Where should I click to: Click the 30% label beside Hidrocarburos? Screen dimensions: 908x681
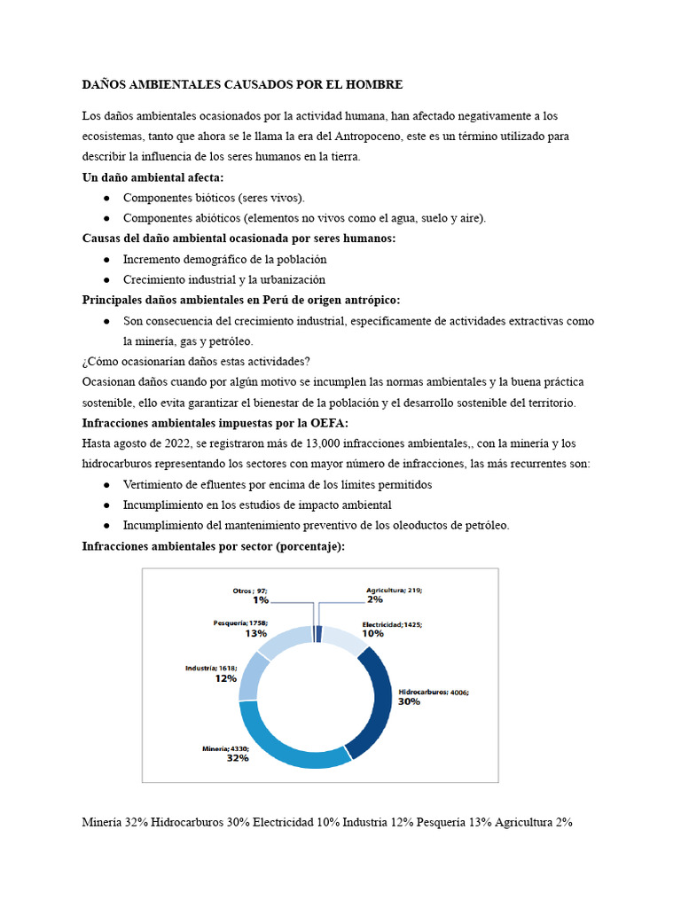click(x=409, y=701)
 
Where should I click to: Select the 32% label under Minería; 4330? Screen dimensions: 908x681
click(x=237, y=758)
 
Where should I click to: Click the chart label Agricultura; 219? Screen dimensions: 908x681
click(x=395, y=590)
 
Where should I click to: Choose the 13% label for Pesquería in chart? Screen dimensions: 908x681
click(x=256, y=633)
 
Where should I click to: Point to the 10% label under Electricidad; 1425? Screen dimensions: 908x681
click(x=372, y=633)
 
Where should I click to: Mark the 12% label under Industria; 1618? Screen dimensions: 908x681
click(x=224, y=677)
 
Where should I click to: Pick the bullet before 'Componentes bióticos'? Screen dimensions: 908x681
click(x=106, y=198)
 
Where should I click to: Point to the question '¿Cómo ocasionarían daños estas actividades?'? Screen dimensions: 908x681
click(x=196, y=362)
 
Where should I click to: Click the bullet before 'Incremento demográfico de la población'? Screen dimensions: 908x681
click(x=106, y=260)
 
